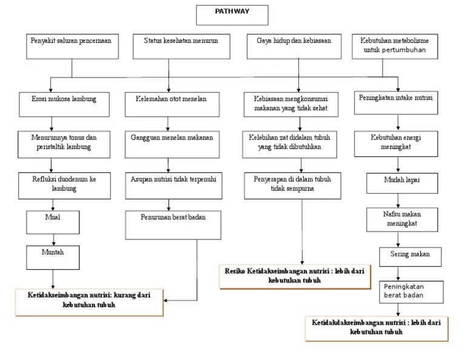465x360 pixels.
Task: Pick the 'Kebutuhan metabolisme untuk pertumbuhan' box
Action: pos(398,46)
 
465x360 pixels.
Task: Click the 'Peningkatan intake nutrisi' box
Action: pos(398,103)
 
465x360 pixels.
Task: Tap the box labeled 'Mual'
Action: pos(53,221)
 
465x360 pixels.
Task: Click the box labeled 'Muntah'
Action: pos(53,256)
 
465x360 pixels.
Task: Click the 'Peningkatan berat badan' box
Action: pos(406,291)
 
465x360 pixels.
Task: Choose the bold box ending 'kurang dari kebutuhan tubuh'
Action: pos(89,302)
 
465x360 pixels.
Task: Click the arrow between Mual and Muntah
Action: pos(53,238)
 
